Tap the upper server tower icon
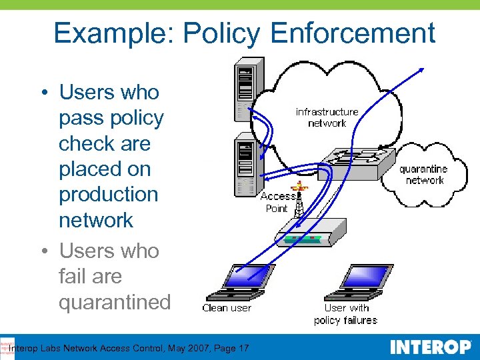pyautogui.click(x=248, y=90)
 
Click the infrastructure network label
pyautogui.click(x=327, y=117)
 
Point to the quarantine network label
pyautogui.click(x=424, y=175)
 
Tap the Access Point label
pyautogui.click(x=277, y=202)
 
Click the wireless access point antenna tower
pyautogui.click(x=299, y=200)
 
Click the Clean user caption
pyautogui.click(x=227, y=308)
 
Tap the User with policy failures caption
pyautogui.click(x=345, y=314)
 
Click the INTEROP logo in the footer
pyautogui.click(x=430, y=347)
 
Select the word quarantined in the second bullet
pyautogui.click(x=115, y=302)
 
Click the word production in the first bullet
pyautogui.click(x=109, y=195)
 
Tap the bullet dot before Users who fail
pyautogui.click(x=43, y=252)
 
